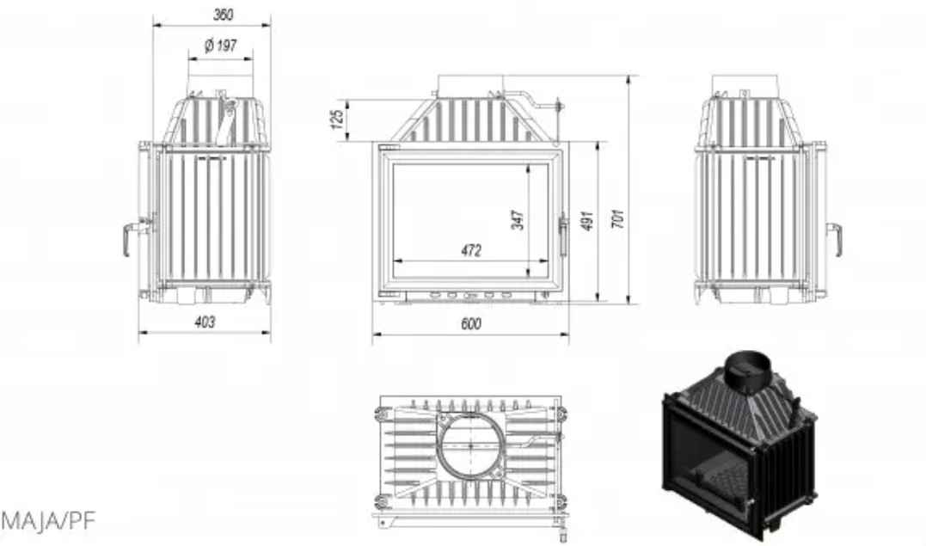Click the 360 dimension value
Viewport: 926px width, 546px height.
224,14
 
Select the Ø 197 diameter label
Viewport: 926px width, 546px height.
221,45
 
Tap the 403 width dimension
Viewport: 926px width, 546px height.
205,322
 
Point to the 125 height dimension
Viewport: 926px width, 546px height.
337,119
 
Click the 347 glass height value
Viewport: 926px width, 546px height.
518,219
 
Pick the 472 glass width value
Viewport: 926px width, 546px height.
471,250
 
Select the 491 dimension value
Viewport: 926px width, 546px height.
587,220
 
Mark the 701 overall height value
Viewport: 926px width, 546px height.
617,218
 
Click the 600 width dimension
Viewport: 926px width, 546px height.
470,324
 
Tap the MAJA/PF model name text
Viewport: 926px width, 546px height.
48,520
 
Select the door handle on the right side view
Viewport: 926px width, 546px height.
834,239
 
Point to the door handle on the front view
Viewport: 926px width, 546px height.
563,236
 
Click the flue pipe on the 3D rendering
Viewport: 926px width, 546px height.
747,372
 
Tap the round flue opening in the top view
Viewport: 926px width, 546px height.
470,445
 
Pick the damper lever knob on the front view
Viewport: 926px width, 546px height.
559,107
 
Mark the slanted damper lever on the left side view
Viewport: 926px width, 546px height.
225,122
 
